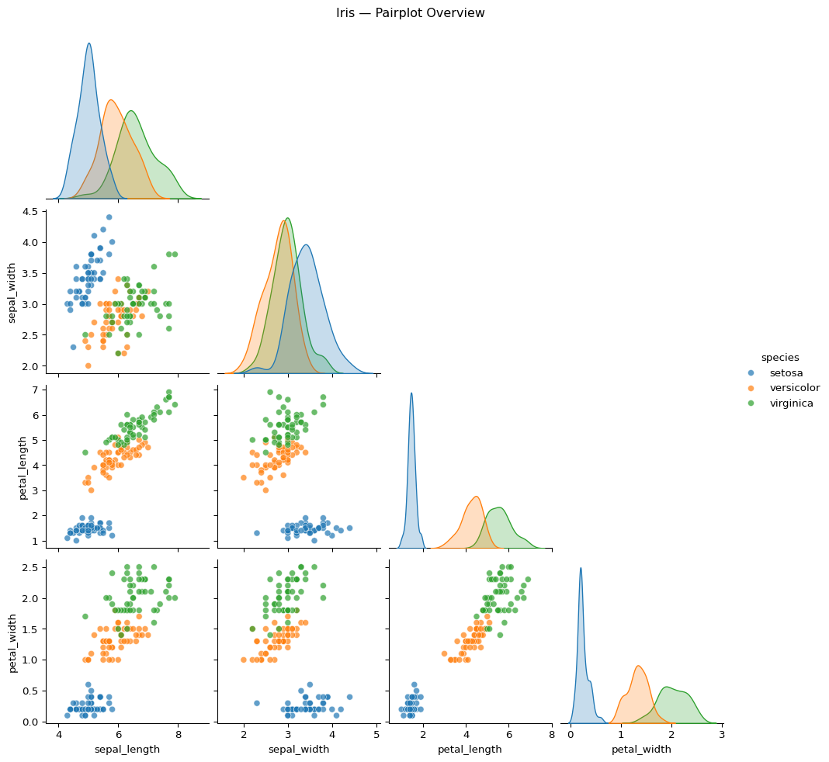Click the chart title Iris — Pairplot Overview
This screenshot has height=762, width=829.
[x=411, y=13]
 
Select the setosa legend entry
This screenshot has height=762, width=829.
[x=786, y=372]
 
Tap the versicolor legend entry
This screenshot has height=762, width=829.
[x=794, y=387]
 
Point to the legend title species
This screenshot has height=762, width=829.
[x=780, y=357]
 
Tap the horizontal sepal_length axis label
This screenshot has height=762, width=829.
[x=127, y=749]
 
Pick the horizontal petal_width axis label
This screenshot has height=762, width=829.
[x=641, y=749]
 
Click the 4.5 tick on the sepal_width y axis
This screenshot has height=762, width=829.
[x=31, y=212]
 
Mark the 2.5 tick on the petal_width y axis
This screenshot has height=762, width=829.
[x=31, y=567]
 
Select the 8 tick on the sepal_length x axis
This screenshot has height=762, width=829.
[x=178, y=734]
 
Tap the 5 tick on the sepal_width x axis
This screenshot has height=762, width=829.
[x=376, y=734]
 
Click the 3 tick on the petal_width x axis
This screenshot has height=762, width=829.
[x=722, y=734]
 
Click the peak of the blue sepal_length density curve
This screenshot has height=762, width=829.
[x=88, y=43]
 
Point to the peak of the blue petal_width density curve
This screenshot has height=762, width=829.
[x=580, y=568]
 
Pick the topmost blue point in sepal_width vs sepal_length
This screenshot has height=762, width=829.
[x=109, y=217]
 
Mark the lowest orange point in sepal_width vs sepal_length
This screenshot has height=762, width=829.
[x=88, y=365]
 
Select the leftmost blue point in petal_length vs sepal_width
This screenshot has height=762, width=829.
[x=257, y=532]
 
